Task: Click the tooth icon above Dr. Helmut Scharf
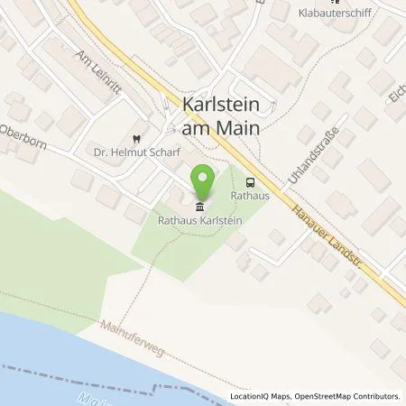(x=134, y=139)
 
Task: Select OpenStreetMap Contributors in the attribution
(x=348, y=396)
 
